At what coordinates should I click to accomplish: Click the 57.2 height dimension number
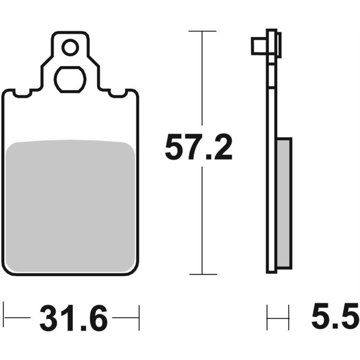pos(198,147)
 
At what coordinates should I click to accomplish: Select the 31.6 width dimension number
pos(74,317)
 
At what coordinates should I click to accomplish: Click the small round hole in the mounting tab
pos(70,48)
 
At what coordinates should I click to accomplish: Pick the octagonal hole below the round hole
pos(70,80)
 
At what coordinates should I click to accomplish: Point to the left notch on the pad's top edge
pos(22,94)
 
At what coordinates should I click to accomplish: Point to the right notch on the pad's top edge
pos(118,94)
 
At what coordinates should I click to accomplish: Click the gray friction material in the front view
pos(70,206)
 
